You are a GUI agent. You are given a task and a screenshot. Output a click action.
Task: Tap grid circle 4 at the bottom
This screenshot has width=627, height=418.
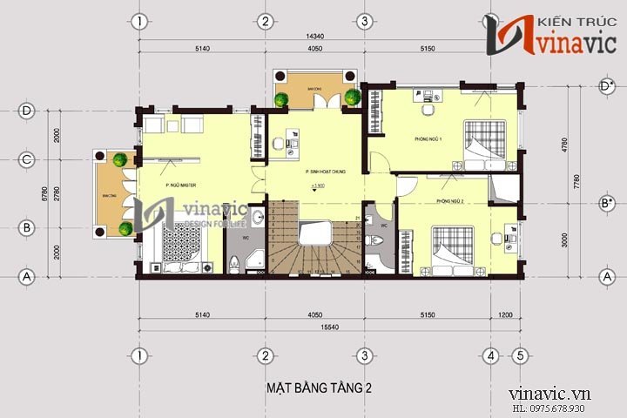(491, 355)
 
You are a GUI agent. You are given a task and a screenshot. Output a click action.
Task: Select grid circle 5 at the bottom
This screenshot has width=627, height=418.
(519, 355)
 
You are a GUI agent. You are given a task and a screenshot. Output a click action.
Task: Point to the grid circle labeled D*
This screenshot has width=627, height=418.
(608, 85)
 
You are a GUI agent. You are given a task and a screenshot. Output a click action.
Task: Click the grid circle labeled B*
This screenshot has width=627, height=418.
(608, 205)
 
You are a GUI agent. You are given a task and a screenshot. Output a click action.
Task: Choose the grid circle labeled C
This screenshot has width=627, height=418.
(27, 159)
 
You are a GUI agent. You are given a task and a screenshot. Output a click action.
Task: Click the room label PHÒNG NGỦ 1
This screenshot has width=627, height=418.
(428, 139)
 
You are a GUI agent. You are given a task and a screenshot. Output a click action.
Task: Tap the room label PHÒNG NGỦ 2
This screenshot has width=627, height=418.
(450, 201)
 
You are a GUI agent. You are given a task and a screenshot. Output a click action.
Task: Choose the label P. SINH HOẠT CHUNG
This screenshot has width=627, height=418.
(313, 172)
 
